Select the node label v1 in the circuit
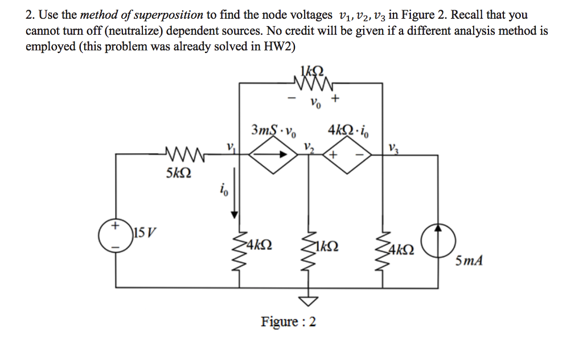tap(230, 146)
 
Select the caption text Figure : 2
tap(289, 322)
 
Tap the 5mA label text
tap(470, 261)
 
